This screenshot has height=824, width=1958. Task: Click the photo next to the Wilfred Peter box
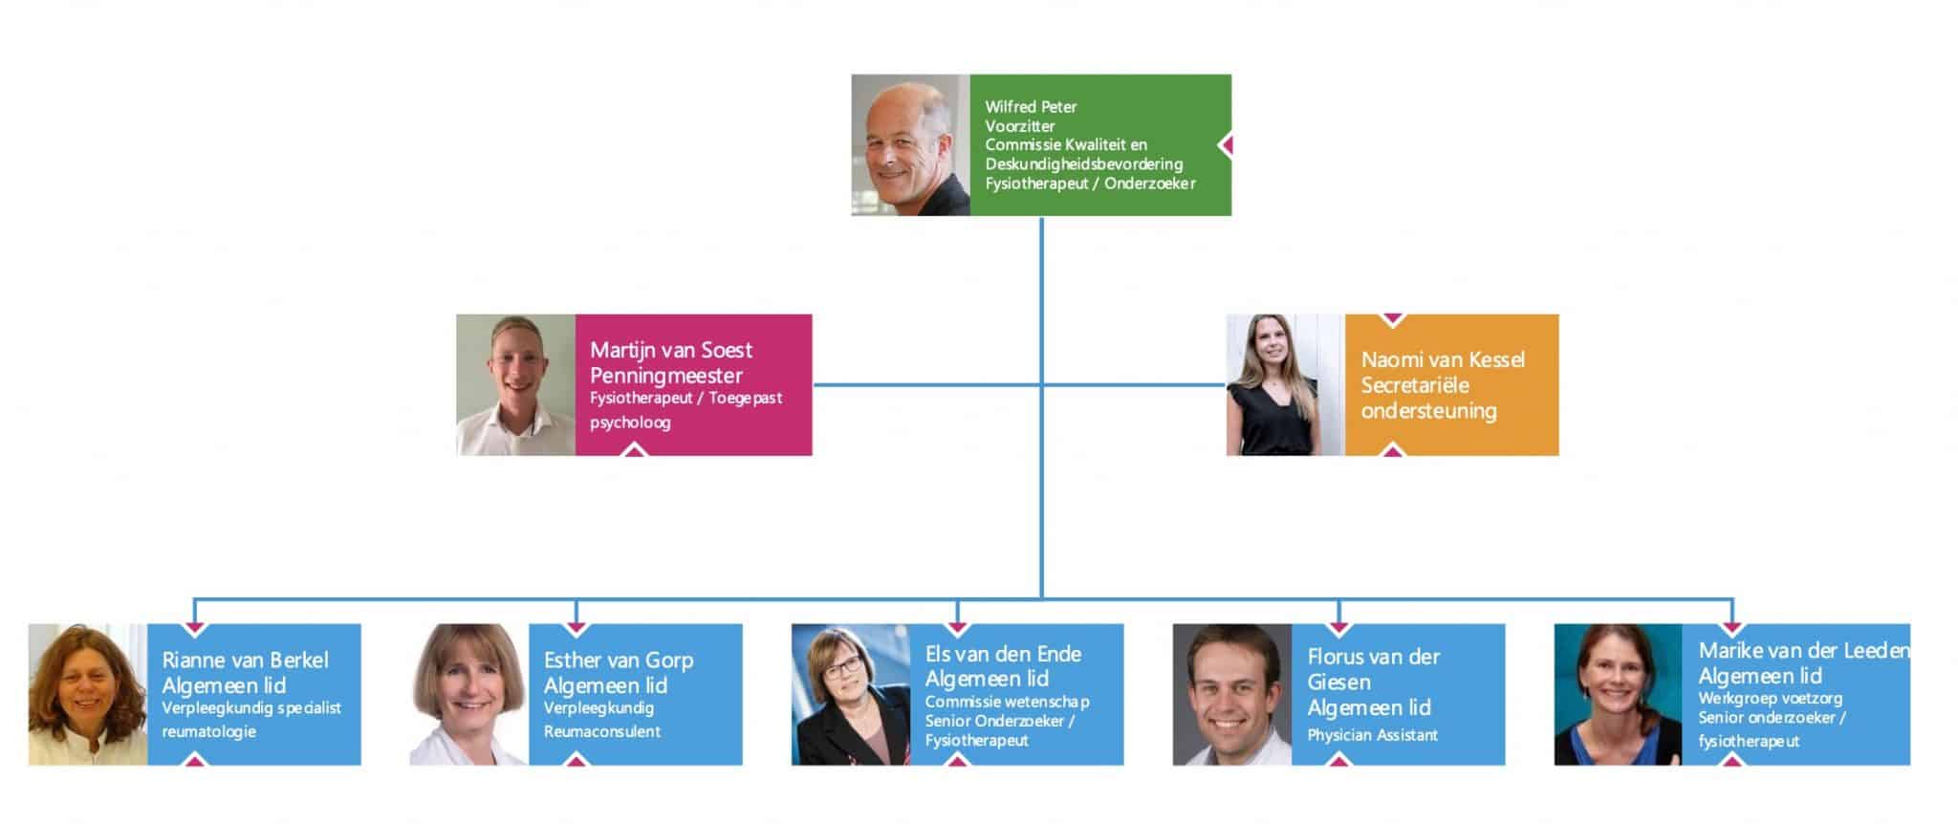coord(910,145)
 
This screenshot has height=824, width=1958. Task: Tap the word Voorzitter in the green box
coord(1020,126)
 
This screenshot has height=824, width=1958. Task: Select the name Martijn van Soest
coord(671,350)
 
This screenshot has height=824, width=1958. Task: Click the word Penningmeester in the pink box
coord(666,376)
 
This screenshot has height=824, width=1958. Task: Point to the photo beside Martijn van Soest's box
coord(515,384)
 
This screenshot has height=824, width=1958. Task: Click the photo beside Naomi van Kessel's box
coord(1285,384)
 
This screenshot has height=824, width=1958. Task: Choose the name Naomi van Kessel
coord(1443,359)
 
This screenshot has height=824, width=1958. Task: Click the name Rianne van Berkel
coord(245,660)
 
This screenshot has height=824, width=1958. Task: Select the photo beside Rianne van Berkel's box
coord(88,694)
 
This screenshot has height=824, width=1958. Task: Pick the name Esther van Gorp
coord(619,660)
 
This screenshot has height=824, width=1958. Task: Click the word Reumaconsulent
coord(602,732)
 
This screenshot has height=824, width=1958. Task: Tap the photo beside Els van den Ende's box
coord(850,694)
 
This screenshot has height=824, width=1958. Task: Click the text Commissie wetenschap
coord(1007,702)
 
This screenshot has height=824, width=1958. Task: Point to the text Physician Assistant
coord(1372,735)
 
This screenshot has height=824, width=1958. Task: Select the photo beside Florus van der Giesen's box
coord(1231,694)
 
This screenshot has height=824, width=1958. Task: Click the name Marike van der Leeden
coord(1803,650)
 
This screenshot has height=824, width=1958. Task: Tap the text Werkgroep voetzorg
coord(1770,698)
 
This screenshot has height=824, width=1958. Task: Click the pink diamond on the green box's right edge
coord(1225,145)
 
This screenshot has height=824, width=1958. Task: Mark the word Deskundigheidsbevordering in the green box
coord(1083,164)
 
